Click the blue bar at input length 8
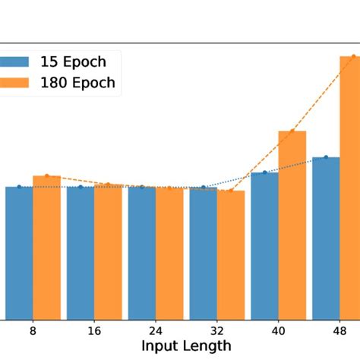pyautogui.click(x=19, y=253)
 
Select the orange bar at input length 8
pyautogui.click(x=46, y=248)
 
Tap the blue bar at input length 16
pyautogui.click(x=81, y=253)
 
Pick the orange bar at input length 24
pyautogui.click(x=169, y=253)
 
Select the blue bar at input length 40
pyautogui.click(x=264, y=245)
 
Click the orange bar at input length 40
pyautogui.click(x=292, y=225)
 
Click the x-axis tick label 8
pyautogui.click(x=33, y=331)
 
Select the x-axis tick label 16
pyautogui.click(x=94, y=331)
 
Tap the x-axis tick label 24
pyautogui.click(x=156, y=331)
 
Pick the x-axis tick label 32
pyautogui.click(x=217, y=331)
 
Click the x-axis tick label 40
pyautogui.click(x=278, y=331)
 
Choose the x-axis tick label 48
pyautogui.click(x=339, y=331)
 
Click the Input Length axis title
pyautogui.click(x=186, y=346)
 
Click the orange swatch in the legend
pyautogui.click(x=14, y=83)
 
